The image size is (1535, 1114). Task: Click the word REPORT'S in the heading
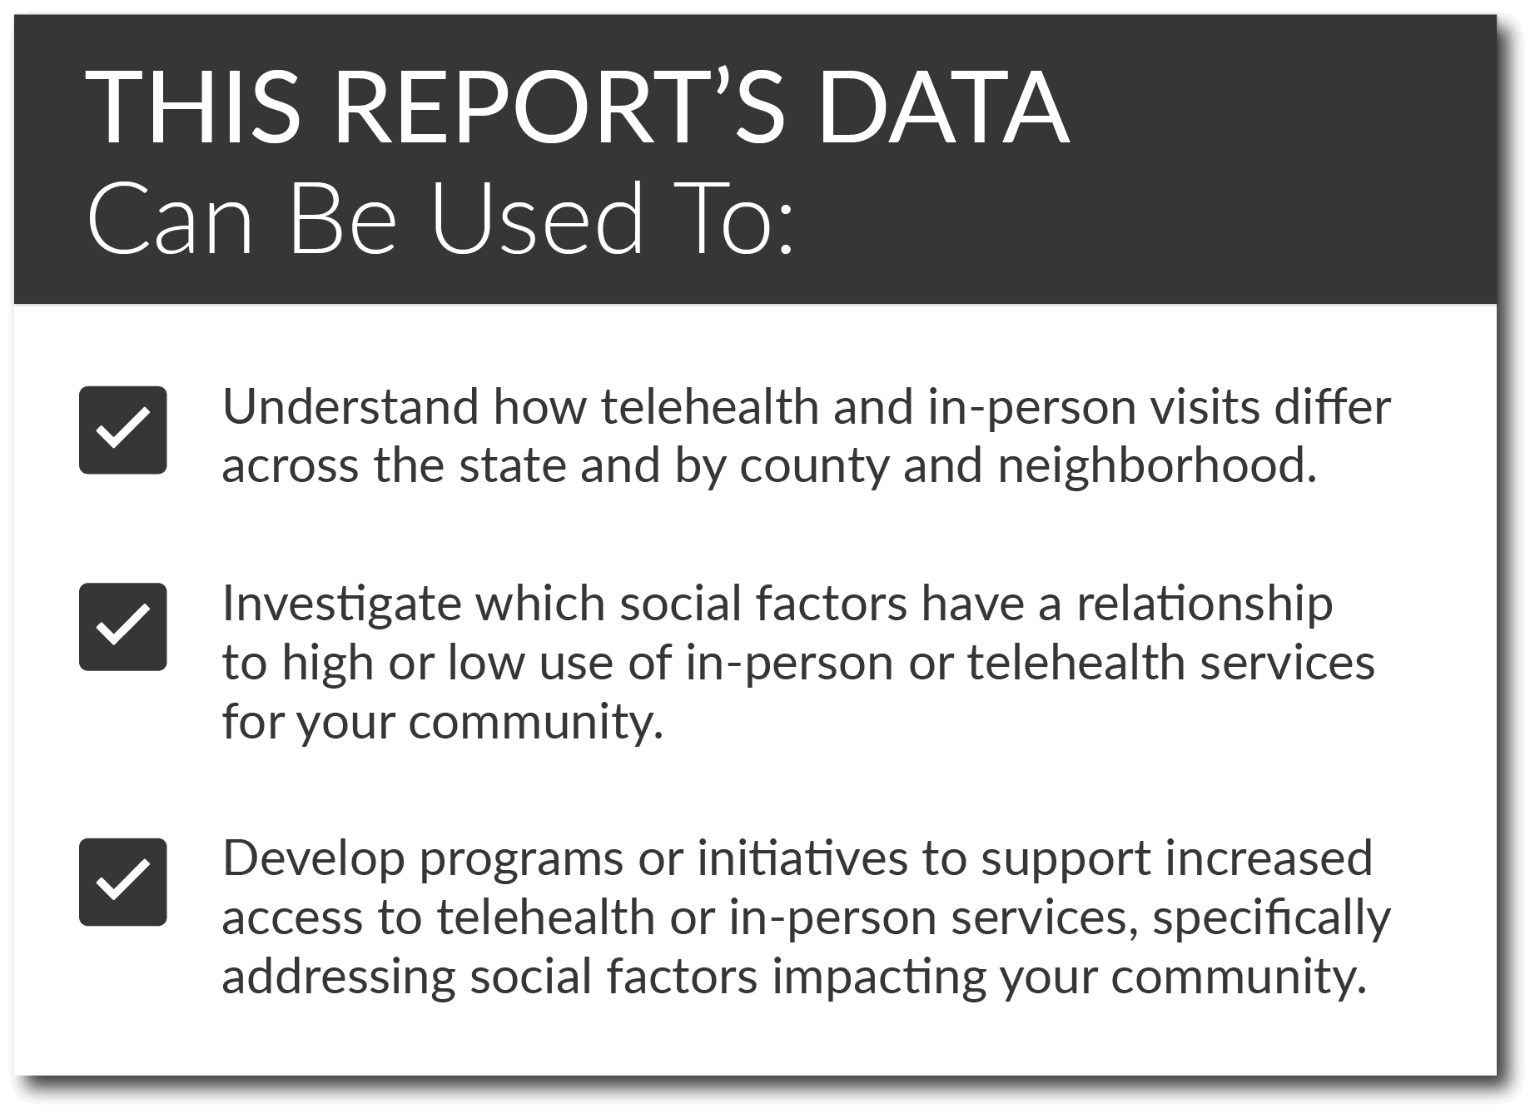[x=559, y=108]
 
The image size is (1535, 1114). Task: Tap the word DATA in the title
[x=943, y=109]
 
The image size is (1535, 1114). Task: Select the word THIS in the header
[x=193, y=109]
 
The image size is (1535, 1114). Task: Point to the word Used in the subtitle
[x=537, y=217]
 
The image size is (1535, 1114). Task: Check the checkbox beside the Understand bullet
[x=123, y=430]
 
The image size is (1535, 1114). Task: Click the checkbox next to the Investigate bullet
[x=123, y=627]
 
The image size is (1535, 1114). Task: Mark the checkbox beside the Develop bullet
[x=123, y=882]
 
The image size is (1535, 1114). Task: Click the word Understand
[x=350, y=407]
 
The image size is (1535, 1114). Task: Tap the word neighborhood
[x=1157, y=466]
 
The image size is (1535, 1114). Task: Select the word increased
[x=1269, y=859]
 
